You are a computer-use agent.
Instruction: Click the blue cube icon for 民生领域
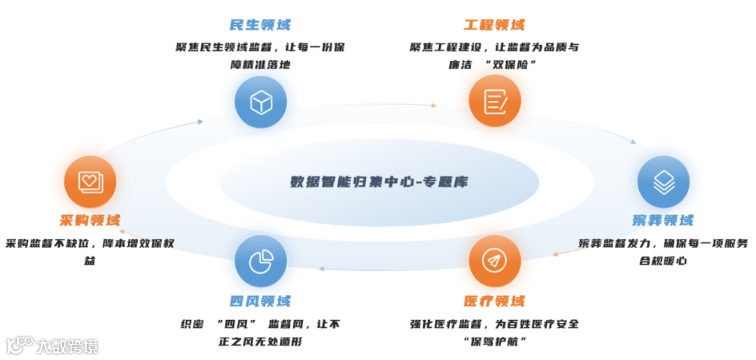click(260, 102)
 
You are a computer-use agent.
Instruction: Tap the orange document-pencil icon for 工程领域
click(495, 102)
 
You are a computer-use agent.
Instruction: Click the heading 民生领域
click(260, 25)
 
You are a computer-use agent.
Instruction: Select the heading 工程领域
click(494, 25)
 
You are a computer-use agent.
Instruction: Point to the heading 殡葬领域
click(663, 220)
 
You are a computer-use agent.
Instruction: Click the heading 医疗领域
click(494, 301)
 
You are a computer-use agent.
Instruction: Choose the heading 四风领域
click(260, 301)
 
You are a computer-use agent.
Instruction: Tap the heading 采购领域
click(90, 220)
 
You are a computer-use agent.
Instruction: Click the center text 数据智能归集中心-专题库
click(379, 182)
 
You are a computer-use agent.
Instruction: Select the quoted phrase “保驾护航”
click(494, 341)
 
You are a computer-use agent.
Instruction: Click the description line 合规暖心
click(663, 261)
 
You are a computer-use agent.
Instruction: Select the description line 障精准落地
click(260, 64)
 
